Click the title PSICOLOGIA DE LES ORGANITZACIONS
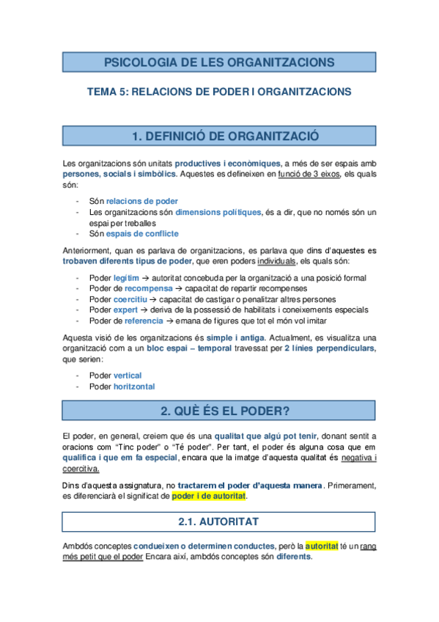[219, 62]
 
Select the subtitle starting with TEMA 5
[219, 92]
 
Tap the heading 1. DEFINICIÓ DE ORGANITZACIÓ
[219, 136]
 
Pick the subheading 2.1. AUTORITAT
[219, 522]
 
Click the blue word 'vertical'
[128, 376]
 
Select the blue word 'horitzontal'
[134, 387]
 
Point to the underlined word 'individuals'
[276, 260]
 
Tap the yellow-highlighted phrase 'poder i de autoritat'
[209, 497]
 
